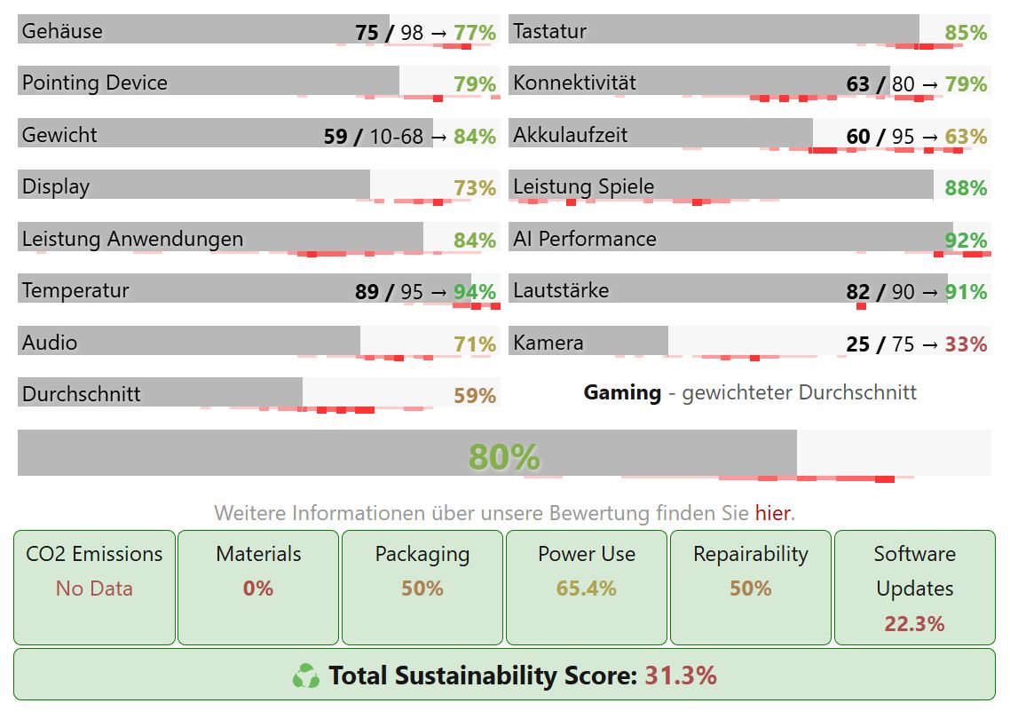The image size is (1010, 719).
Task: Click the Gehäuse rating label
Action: point(62,31)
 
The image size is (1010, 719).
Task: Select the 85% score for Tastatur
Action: point(966,33)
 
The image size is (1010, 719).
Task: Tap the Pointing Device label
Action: point(95,83)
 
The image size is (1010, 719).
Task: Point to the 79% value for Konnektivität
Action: point(966,84)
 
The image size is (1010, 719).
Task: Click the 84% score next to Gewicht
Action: point(475,137)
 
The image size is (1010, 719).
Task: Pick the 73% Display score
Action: point(475,188)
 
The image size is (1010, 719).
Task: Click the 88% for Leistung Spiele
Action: point(966,188)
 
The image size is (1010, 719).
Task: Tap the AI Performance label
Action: point(585,239)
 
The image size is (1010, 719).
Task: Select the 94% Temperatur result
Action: point(475,292)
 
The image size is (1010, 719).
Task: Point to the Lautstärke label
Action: point(561,290)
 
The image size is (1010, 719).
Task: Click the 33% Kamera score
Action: point(966,344)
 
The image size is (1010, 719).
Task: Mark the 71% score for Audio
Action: point(475,344)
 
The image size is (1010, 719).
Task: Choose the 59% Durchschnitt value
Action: point(475,396)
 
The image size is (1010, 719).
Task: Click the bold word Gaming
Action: point(622,392)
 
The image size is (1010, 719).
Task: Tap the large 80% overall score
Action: point(504,456)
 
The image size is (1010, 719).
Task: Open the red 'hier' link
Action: point(773,513)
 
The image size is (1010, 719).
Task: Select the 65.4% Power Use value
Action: point(586,589)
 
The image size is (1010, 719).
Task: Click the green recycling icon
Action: point(306,676)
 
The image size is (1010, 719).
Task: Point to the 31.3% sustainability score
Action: point(681,676)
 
